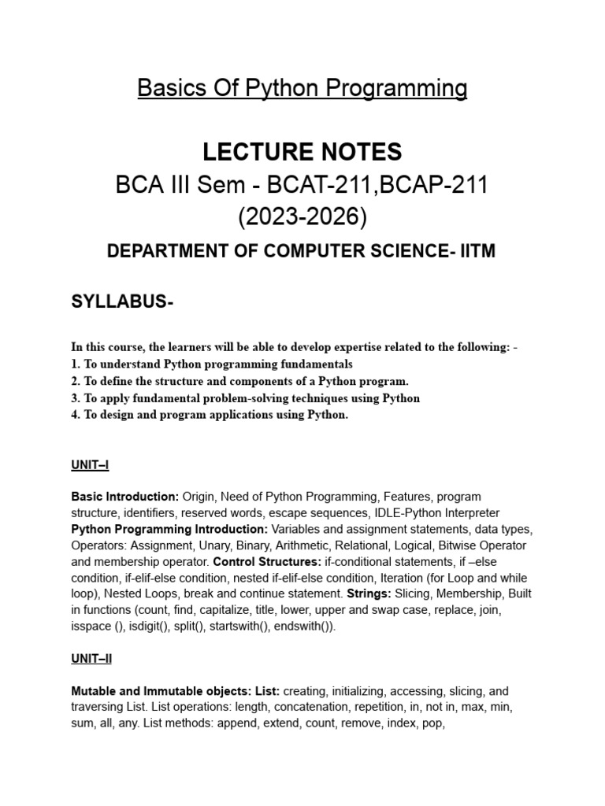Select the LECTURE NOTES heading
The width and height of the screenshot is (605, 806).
[x=302, y=151]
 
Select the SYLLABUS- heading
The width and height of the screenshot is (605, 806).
[x=122, y=304]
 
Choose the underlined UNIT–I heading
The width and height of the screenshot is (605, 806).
[x=90, y=465]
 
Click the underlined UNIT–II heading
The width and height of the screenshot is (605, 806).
[x=92, y=658]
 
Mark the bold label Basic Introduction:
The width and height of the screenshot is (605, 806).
[x=125, y=497]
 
